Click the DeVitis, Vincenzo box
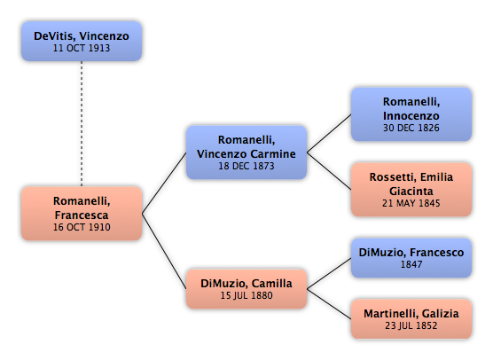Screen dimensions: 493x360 [82, 41]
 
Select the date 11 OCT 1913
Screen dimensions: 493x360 [82, 48]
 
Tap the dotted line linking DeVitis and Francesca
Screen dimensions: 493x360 [82, 123]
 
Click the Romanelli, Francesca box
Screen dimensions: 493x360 [82, 214]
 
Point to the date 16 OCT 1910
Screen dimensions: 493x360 [82, 227]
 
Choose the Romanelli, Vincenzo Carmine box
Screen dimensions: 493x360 [246, 153]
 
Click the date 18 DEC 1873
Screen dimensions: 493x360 [246, 166]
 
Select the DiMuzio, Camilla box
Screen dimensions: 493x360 [246, 289]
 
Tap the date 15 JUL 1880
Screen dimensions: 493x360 [246, 295]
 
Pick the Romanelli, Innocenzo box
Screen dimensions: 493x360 [411, 114]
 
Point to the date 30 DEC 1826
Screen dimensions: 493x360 [411, 128]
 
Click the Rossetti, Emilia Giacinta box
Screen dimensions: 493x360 [411, 190]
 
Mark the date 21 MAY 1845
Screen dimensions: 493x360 [411, 203]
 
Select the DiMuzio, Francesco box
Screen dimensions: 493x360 [411, 258]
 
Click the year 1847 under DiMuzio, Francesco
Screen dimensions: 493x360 [411, 264]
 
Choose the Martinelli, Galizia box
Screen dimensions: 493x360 [411, 319]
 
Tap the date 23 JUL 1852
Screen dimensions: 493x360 [411, 325]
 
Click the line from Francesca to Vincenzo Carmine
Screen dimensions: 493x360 [164, 183]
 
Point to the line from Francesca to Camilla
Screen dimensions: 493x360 [164, 251]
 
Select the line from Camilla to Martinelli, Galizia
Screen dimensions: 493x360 [329, 304]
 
